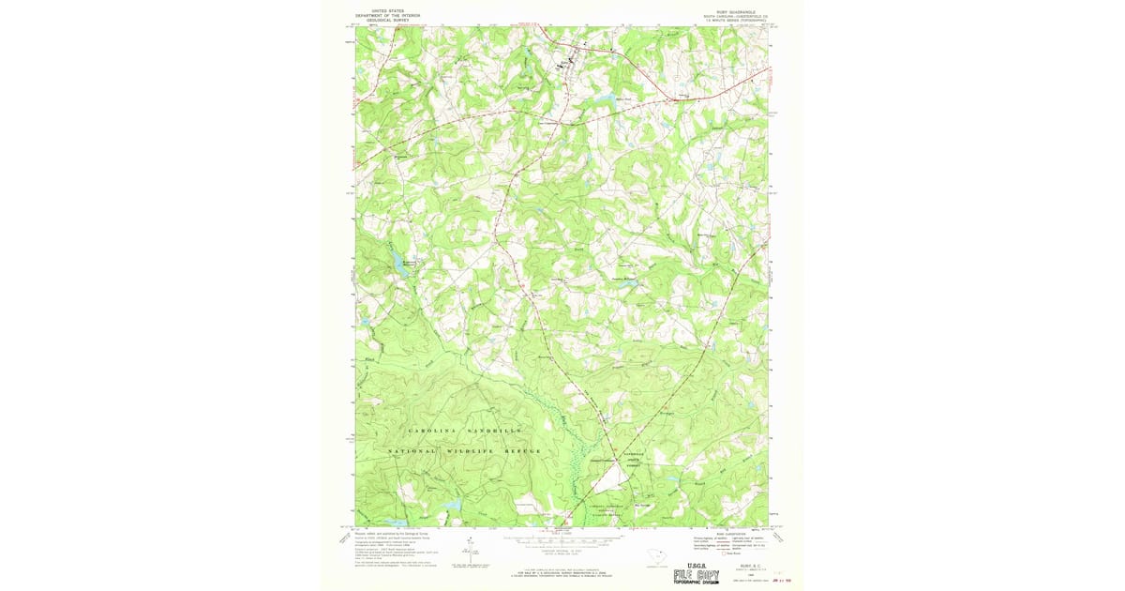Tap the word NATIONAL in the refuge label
(x=412, y=452)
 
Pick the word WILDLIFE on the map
(x=467, y=452)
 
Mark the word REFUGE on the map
(x=521, y=452)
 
